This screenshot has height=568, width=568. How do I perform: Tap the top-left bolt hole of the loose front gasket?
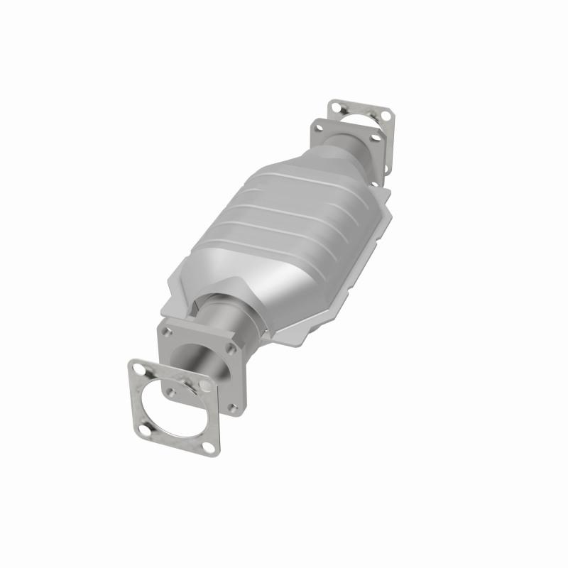click(139, 370)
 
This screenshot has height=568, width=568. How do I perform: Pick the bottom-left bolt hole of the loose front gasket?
click(145, 430)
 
